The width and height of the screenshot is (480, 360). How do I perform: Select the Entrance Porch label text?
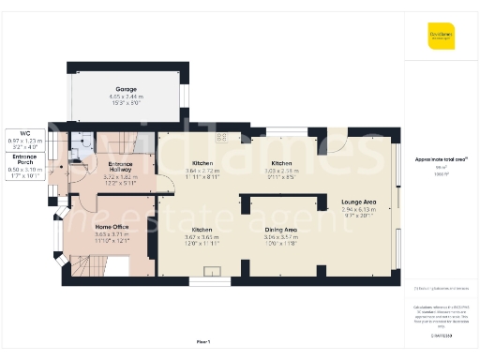(x=25, y=157)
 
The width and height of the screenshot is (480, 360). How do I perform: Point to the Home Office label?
(x=112, y=227)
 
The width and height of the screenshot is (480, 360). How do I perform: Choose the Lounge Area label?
(x=358, y=202)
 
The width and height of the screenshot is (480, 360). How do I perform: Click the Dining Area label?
(x=280, y=229)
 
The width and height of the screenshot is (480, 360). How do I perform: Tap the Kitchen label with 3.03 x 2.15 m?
(x=282, y=163)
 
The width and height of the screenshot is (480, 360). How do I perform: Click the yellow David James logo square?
(x=440, y=37)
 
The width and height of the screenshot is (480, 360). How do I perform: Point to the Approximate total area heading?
(x=438, y=159)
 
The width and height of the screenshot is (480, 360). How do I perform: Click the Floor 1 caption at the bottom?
(x=204, y=340)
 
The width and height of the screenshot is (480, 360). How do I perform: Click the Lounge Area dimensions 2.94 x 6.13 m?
(x=358, y=212)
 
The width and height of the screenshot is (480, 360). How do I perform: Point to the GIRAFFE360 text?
(x=439, y=333)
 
